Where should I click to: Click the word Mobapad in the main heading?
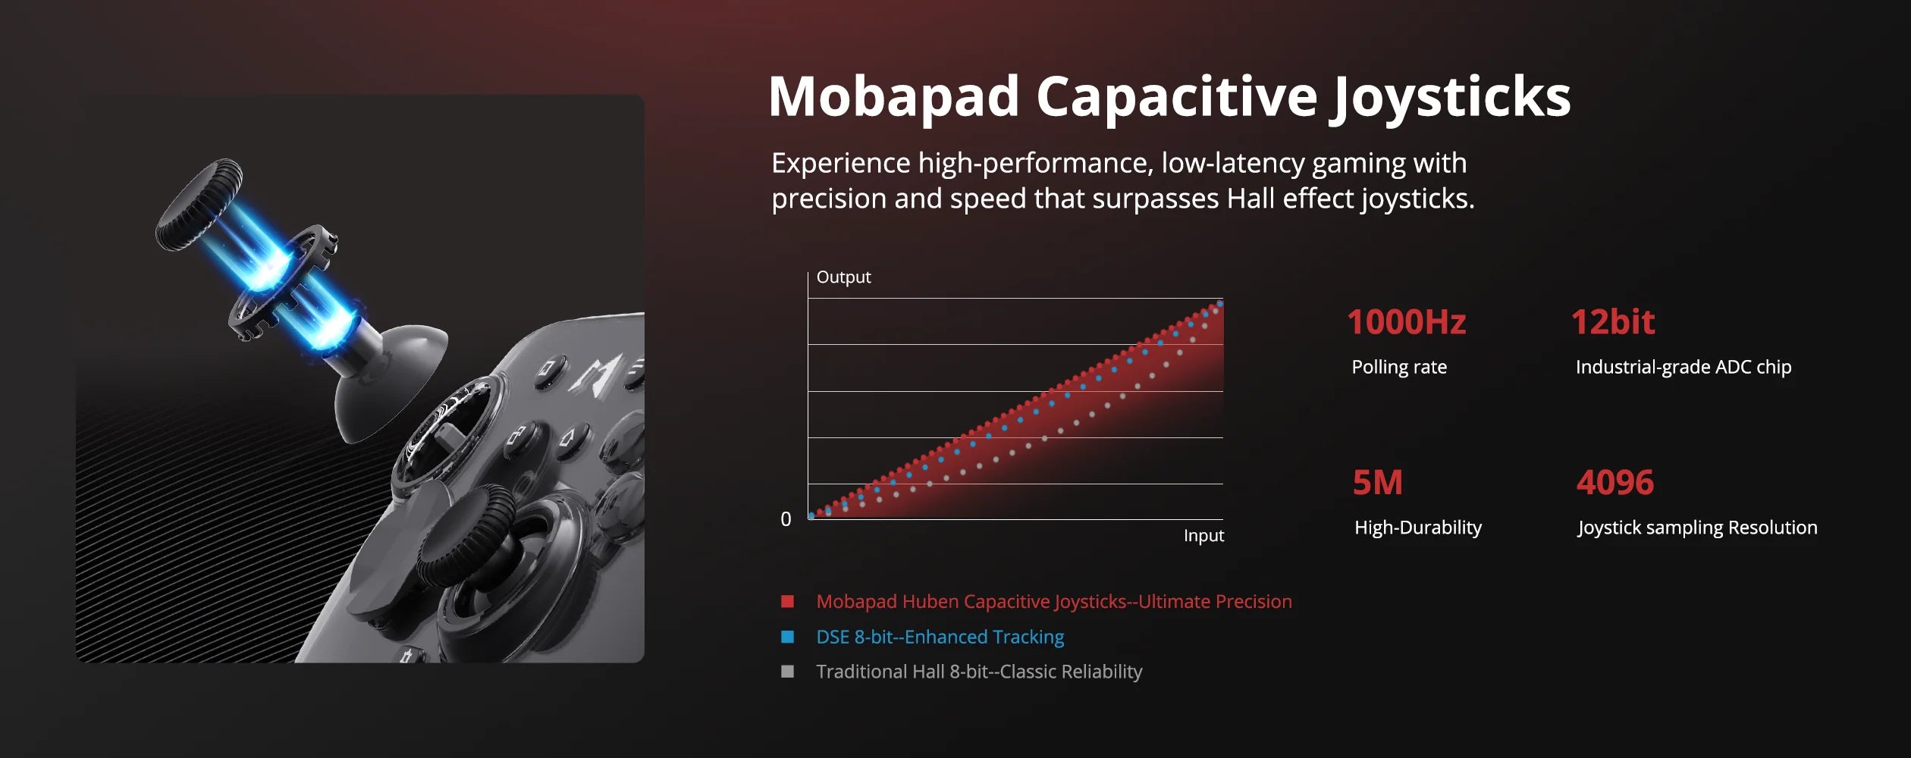[x=894, y=96]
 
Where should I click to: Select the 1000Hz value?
[x=1407, y=322]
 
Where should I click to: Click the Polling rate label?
[x=1399, y=368]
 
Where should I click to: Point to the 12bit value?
[x=1613, y=322]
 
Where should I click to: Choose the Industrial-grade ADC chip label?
[x=1683, y=368]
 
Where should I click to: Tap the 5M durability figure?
[x=1378, y=483]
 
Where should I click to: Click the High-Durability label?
[x=1418, y=528]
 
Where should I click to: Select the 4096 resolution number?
[x=1615, y=483]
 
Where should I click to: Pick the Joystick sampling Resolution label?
[x=1697, y=528]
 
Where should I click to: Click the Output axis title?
[x=843, y=277]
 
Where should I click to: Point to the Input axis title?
[x=1203, y=536]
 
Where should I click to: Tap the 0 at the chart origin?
[x=786, y=519]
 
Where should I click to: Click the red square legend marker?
[x=787, y=602]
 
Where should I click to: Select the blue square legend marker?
[x=787, y=637]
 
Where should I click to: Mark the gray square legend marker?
[x=787, y=672]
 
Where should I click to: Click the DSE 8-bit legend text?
[x=940, y=637]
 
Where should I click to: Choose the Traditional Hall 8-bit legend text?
[x=979, y=672]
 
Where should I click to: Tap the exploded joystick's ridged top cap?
[x=199, y=203]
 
